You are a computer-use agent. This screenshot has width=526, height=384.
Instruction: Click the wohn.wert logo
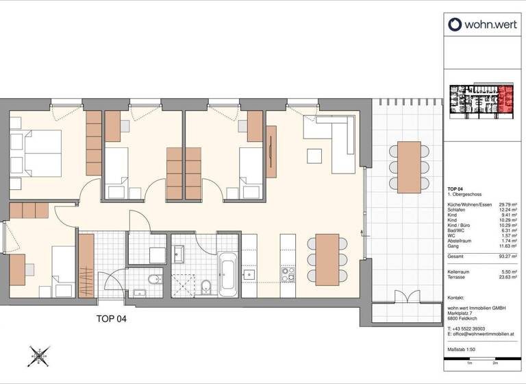tap(481, 25)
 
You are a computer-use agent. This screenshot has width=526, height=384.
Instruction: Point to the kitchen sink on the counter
tap(249, 274)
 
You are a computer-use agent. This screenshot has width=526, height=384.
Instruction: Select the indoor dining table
tap(327, 259)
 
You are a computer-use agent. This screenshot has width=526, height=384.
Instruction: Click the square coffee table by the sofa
tap(314, 156)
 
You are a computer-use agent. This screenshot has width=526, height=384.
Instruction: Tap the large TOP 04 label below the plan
tap(110, 318)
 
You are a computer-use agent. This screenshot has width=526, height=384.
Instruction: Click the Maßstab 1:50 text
tap(465, 350)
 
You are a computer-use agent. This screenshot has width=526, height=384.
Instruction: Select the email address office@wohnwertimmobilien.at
tap(483, 334)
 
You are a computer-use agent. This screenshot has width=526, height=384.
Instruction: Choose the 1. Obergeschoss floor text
tap(464, 195)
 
